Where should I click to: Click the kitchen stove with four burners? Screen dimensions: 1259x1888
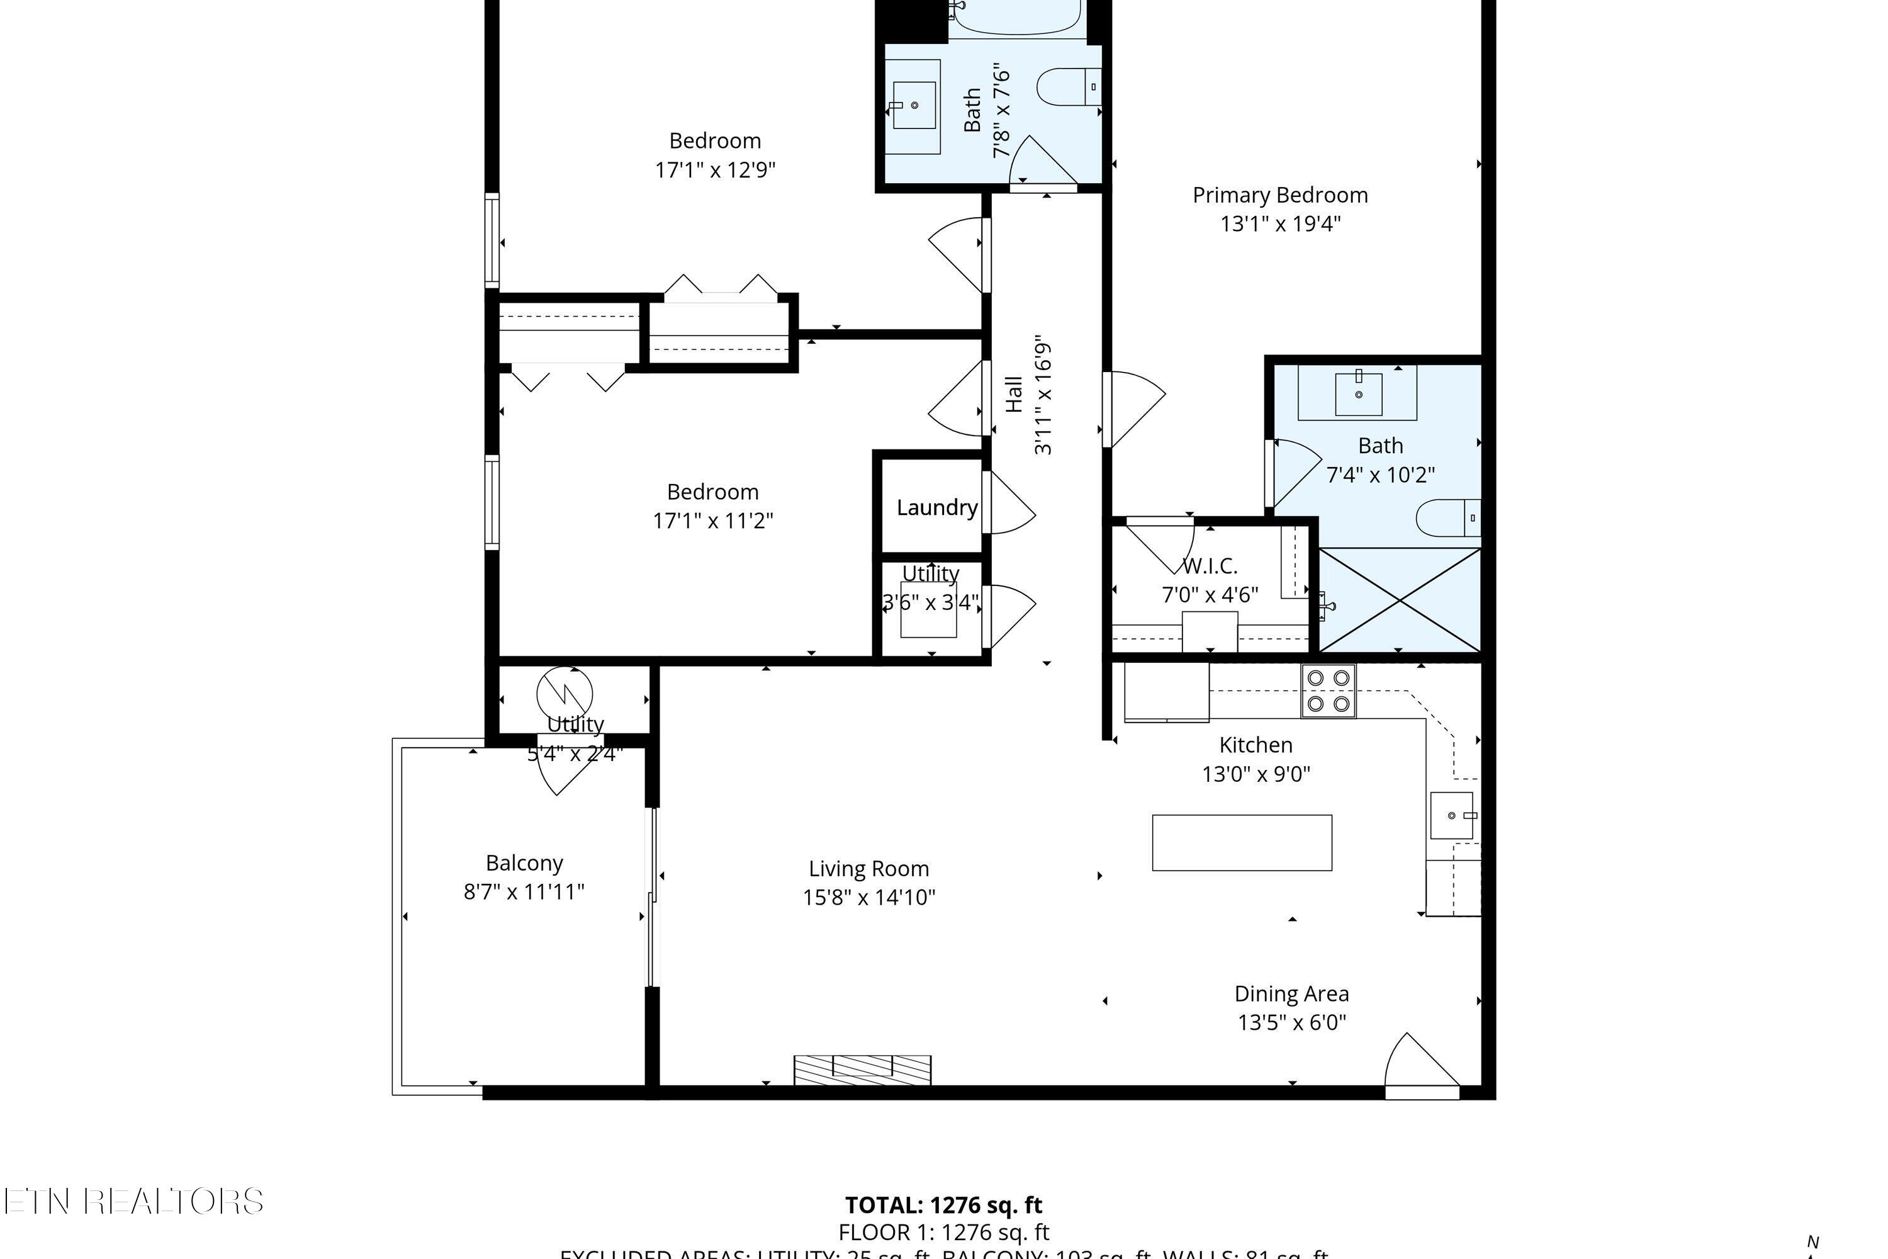click(1329, 691)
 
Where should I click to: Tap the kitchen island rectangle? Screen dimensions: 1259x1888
click(1242, 842)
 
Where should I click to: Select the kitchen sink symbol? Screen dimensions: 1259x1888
click(1452, 815)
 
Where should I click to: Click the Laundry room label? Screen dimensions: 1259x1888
click(937, 507)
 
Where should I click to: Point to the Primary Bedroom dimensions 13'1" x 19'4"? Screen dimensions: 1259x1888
click(1280, 224)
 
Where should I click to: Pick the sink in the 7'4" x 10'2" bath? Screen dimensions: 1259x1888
click(1358, 393)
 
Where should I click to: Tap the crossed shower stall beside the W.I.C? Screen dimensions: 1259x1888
click(1400, 600)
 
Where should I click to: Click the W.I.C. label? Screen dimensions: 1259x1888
click(1210, 566)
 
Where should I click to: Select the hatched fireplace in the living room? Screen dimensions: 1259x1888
click(862, 1070)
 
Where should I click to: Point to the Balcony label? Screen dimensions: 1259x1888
click(524, 863)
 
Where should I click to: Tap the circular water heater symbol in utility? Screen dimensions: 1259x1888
click(565, 693)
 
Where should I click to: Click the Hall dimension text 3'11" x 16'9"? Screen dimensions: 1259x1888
click(1042, 395)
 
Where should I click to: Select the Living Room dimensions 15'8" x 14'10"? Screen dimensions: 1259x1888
click(868, 897)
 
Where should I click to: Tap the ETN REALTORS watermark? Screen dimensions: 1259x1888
click(133, 1201)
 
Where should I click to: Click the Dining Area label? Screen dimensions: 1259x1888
click(1291, 994)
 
